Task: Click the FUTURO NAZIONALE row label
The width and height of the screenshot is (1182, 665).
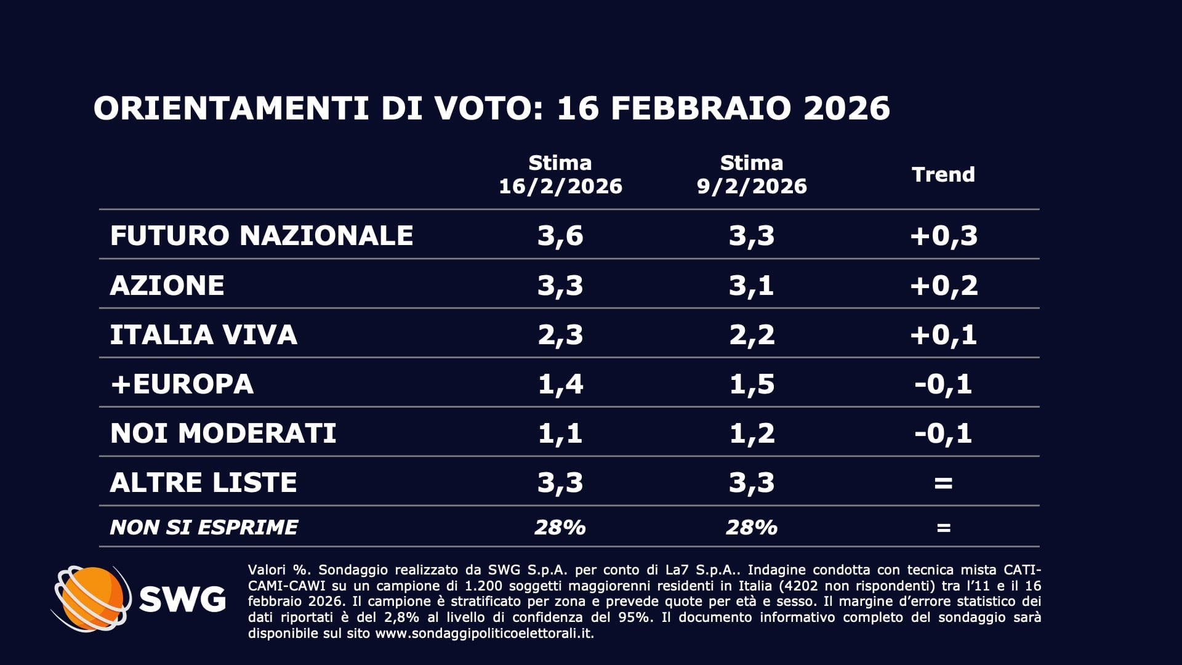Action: click(x=261, y=235)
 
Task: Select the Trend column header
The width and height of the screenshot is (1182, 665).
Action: click(x=943, y=175)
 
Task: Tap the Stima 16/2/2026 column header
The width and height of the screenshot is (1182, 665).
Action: click(x=560, y=175)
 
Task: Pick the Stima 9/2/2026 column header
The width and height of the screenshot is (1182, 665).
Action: click(x=752, y=175)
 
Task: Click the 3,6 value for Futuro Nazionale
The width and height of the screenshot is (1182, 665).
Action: click(x=560, y=235)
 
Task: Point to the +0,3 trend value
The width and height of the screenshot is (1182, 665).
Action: click(x=943, y=235)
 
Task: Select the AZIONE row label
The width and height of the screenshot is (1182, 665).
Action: click(x=167, y=285)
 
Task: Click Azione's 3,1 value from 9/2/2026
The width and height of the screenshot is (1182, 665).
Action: click(x=752, y=285)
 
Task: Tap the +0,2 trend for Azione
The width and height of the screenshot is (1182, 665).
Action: click(x=943, y=285)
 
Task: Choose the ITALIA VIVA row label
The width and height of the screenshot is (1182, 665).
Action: click(x=203, y=335)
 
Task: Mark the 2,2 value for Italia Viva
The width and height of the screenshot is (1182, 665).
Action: click(x=752, y=335)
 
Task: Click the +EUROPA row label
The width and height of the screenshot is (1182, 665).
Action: click(x=182, y=384)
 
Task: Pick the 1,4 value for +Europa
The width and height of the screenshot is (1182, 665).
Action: click(x=560, y=384)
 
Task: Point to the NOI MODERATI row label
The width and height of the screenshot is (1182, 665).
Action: click(x=223, y=433)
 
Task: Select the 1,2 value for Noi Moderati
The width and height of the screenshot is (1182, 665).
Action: click(x=752, y=433)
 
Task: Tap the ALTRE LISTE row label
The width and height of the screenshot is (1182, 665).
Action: click(x=203, y=483)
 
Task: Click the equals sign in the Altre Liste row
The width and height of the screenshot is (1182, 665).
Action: click(x=943, y=483)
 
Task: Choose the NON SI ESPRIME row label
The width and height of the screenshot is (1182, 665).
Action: click(x=203, y=528)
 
